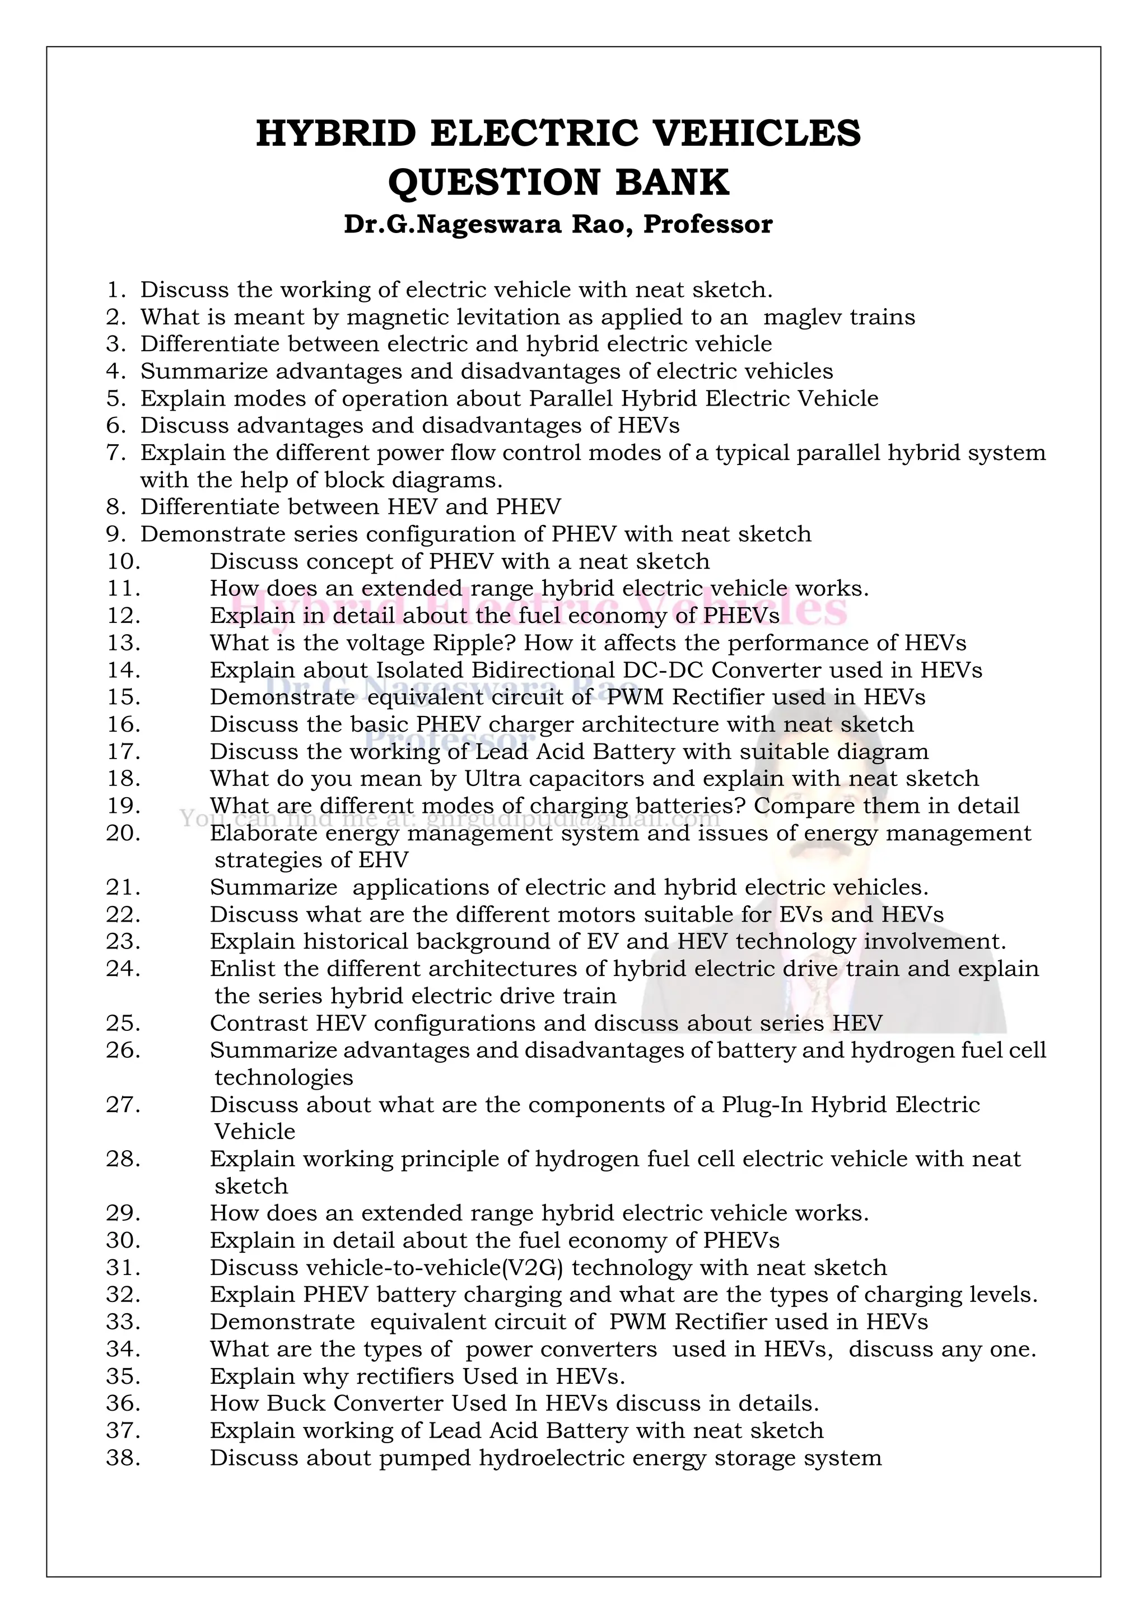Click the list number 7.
(116, 453)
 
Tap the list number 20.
(123, 833)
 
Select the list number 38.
(123, 1458)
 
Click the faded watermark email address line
(450, 819)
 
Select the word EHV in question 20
(384, 861)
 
